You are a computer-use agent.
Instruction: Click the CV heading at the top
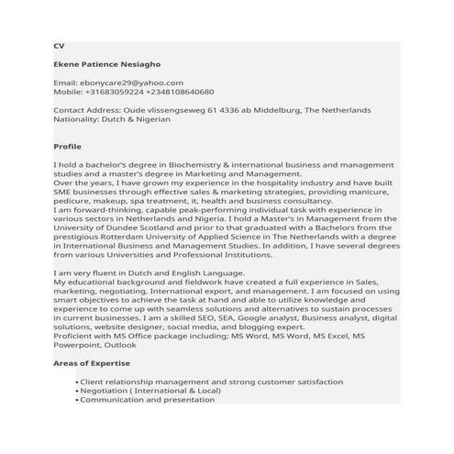pyautogui.click(x=59, y=46)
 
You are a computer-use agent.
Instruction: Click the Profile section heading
pyautogui.click(x=68, y=147)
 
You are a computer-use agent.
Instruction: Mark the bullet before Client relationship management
pyautogui.click(x=76, y=382)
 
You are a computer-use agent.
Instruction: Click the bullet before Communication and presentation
pyautogui.click(x=76, y=400)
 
